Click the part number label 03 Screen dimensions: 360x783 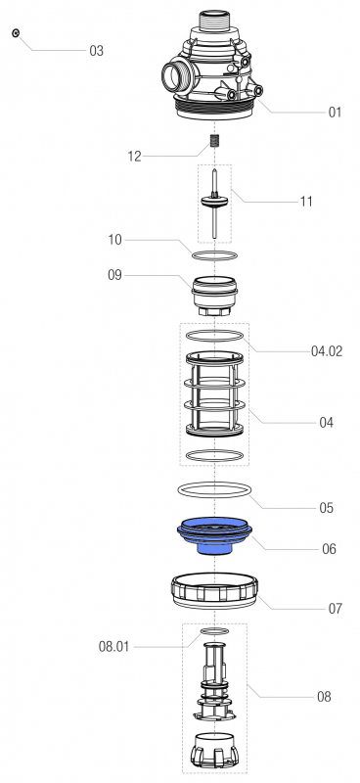97,51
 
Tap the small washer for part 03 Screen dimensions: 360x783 16,33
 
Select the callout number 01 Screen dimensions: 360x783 335,113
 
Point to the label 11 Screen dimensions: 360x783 306,202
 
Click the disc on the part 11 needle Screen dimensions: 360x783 214,201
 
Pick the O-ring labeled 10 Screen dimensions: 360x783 214,255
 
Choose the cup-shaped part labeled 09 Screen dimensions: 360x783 214,296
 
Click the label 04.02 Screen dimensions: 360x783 327,351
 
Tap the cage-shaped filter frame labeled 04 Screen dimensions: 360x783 214,393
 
